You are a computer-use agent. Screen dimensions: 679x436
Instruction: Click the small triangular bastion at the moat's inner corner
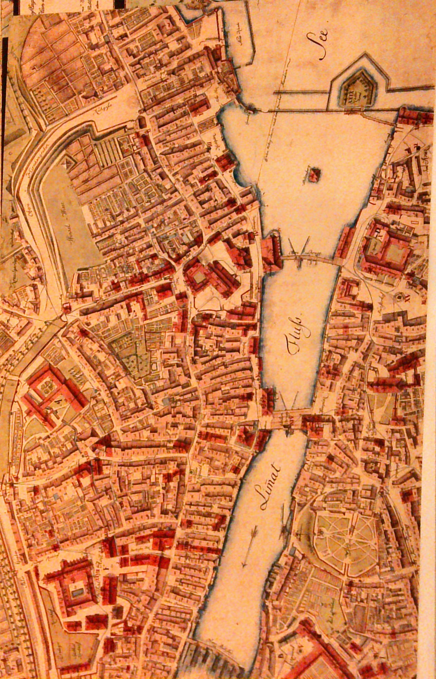tap(65, 164)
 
